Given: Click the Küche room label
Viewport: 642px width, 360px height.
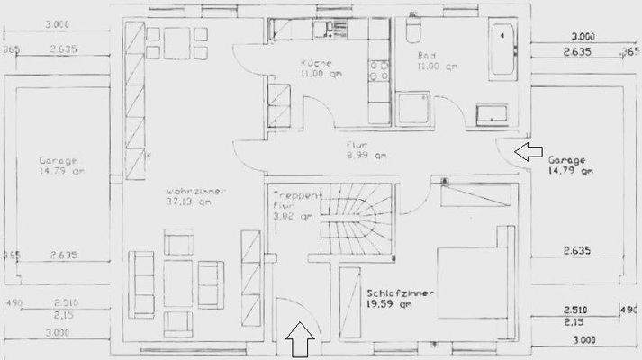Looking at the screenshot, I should [317, 64].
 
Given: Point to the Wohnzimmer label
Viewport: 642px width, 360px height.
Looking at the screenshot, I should [195, 192].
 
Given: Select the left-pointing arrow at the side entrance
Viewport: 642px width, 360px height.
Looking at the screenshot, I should [529, 151].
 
